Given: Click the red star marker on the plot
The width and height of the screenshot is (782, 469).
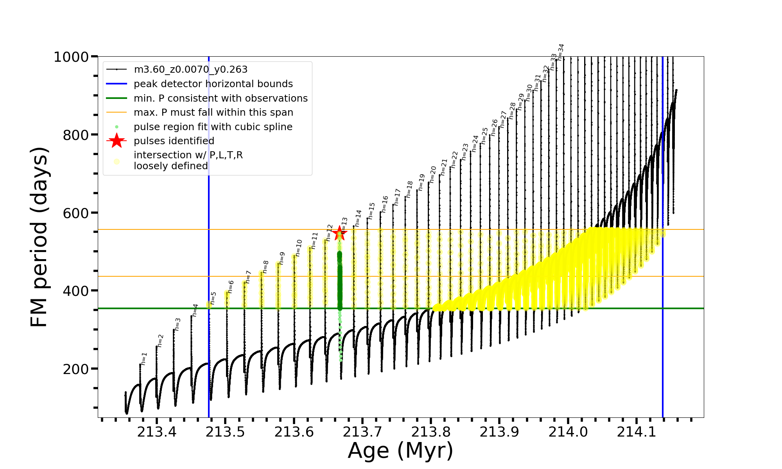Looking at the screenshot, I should (x=339, y=234).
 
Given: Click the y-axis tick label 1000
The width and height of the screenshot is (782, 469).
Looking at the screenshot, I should (x=71, y=57).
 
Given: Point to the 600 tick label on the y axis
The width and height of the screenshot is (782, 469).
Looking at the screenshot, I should (x=76, y=213).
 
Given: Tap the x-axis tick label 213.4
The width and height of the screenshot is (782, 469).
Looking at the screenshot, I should (x=156, y=431).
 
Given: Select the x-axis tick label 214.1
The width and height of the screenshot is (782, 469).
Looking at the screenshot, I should (x=637, y=431).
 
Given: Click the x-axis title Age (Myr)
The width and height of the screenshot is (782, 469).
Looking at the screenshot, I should (x=400, y=451).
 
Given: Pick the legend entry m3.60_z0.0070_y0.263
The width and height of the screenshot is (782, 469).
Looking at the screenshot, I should (x=190, y=70).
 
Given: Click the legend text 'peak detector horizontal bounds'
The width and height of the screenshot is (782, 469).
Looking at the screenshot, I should (x=213, y=84).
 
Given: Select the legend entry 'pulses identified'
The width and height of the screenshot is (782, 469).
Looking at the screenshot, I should (x=174, y=141).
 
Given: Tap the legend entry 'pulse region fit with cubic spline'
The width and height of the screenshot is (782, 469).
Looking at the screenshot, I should (x=213, y=127).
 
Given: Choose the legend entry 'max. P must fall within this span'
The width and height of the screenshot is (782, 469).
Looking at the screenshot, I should (x=213, y=113).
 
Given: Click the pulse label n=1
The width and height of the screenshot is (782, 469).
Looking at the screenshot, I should (x=144, y=359).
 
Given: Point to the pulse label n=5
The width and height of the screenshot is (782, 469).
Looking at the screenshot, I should (x=213, y=298).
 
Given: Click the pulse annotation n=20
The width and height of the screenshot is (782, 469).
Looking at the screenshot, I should (x=433, y=174).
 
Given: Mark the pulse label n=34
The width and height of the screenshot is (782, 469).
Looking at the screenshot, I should (x=561, y=52).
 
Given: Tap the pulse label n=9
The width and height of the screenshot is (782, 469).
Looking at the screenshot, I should (x=282, y=258).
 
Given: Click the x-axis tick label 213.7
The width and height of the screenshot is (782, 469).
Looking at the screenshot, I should (x=362, y=431).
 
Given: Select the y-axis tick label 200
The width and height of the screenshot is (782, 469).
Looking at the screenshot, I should (x=76, y=369).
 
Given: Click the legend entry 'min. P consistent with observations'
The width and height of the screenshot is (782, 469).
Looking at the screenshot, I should (x=221, y=98).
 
